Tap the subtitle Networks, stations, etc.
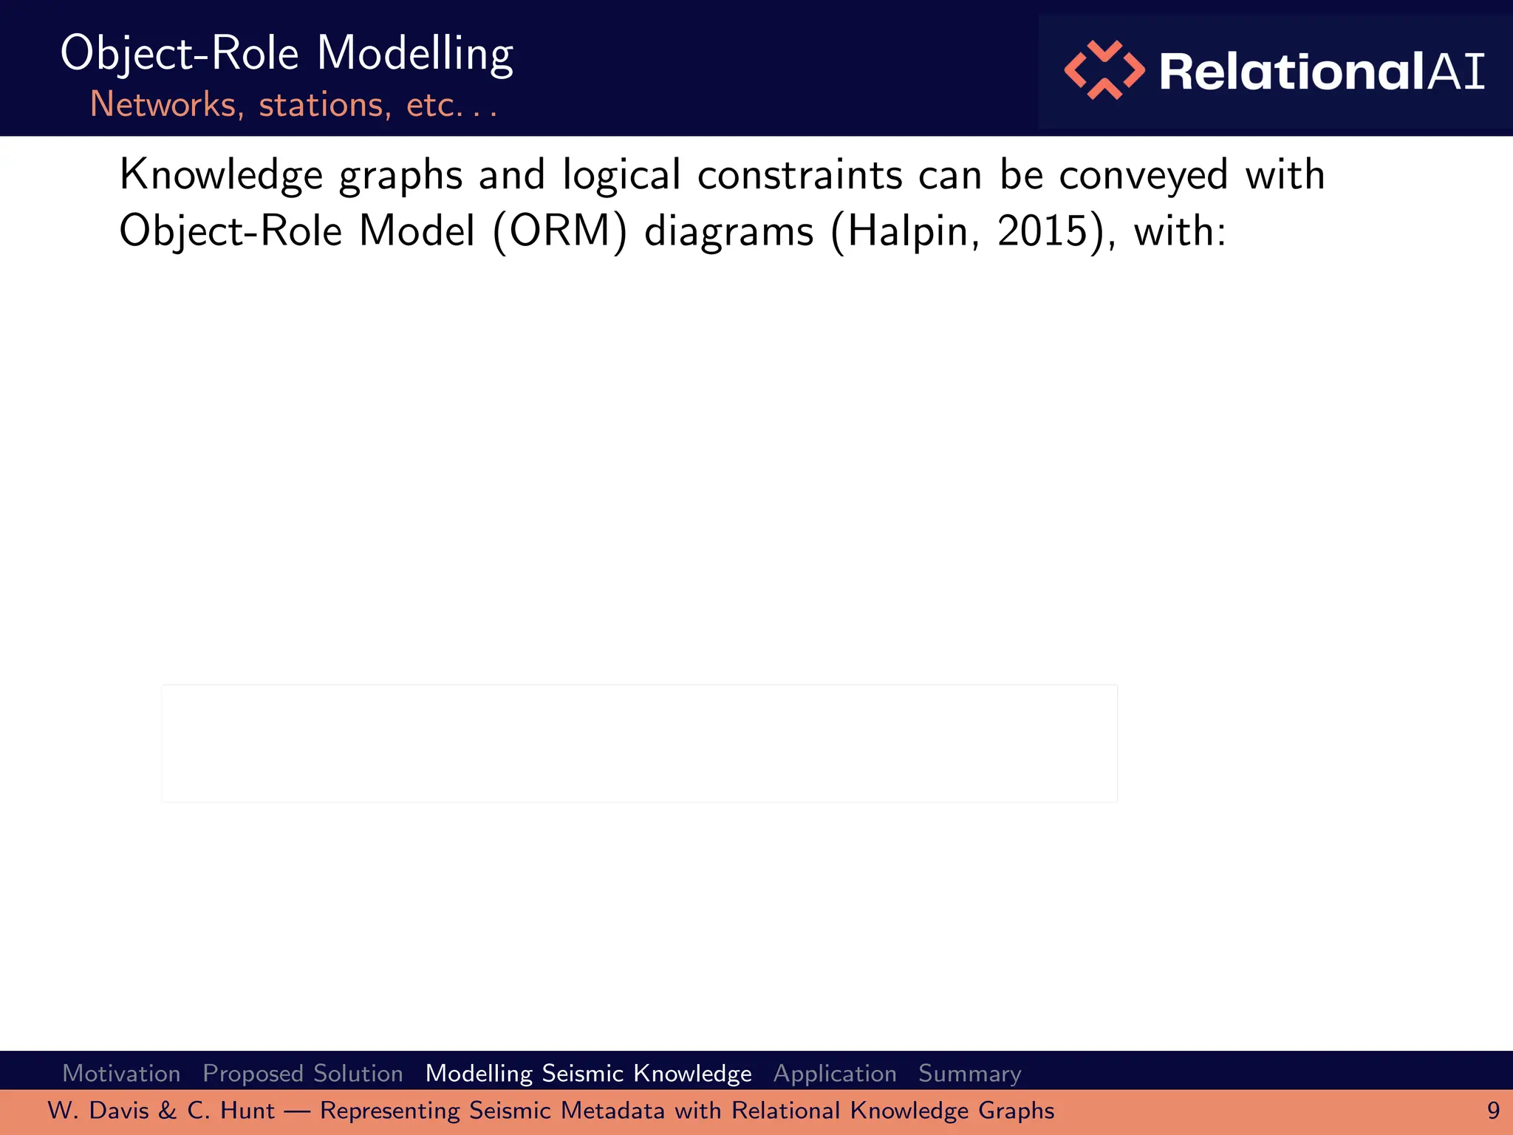click(x=293, y=105)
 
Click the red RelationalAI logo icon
click(x=1104, y=70)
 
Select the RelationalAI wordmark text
click(x=1322, y=72)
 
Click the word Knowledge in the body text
click(x=221, y=176)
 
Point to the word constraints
click(x=799, y=176)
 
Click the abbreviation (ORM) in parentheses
click(x=559, y=231)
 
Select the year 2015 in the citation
click(x=1042, y=231)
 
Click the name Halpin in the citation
click(x=906, y=231)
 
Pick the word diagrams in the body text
click(x=728, y=231)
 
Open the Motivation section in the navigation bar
click(x=122, y=1073)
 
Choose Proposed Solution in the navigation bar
click(x=303, y=1073)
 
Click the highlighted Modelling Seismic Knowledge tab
click(x=588, y=1073)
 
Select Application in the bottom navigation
click(x=835, y=1073)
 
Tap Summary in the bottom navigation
click(x=969, y=1073)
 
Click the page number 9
click(x=1493, y=1111)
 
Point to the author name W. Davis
click(x=98, y=1111)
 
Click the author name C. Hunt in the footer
click(x=230, y=1111)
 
